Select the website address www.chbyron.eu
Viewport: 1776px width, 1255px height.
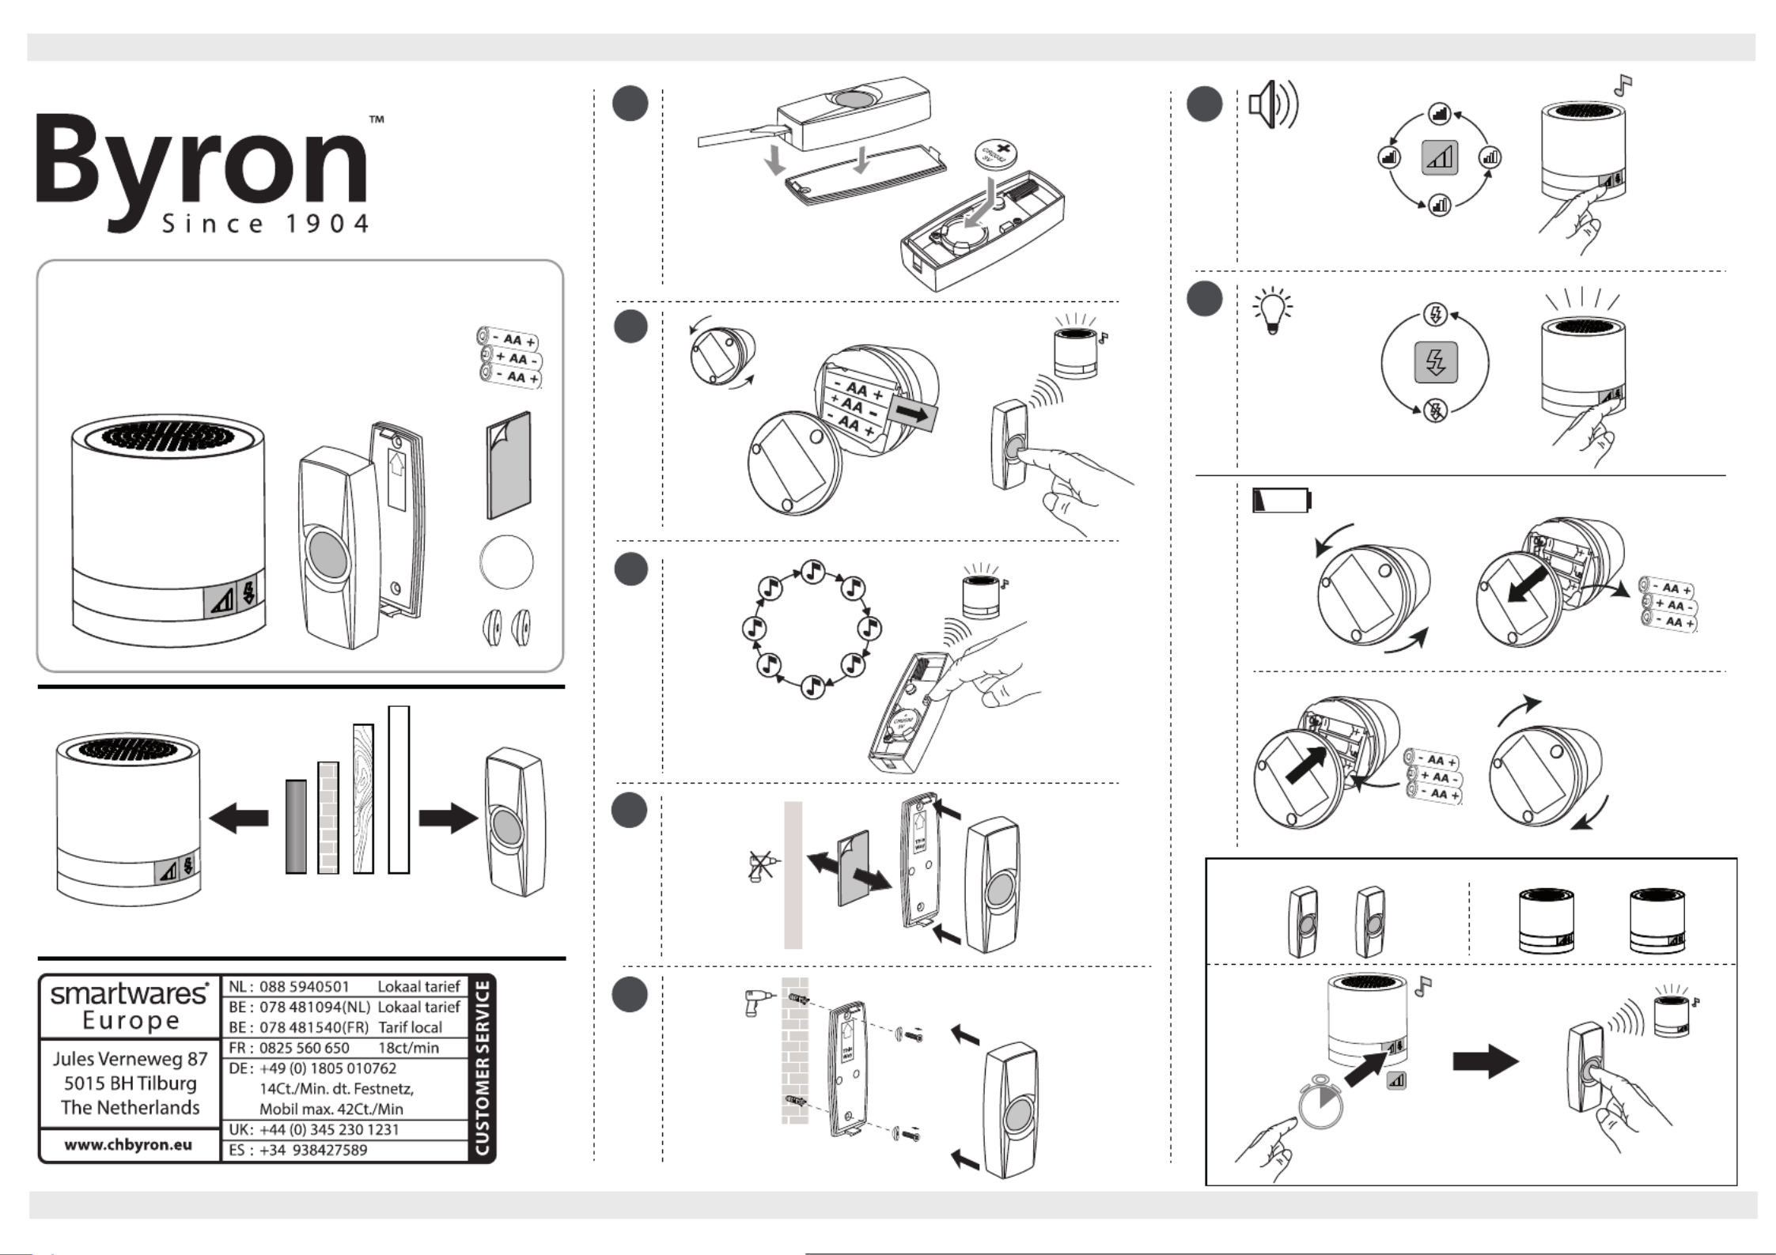point(128,1144)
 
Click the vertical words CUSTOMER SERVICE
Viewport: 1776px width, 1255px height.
point(481,1068)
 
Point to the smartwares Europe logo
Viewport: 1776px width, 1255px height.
point(130,1006)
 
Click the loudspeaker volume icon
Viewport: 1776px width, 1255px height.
point(1272,106)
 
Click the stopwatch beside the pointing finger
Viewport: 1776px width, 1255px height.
point(1320,1099)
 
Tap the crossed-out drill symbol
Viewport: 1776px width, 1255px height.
point(761,866)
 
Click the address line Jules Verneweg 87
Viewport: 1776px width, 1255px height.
point(130,1059)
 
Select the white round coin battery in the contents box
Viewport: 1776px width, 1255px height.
point(506,561)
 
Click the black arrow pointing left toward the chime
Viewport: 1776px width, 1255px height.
point(239,818)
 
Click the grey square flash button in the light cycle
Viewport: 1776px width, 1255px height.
point(1435,364)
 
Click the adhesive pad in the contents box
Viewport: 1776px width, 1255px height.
point(508,465)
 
